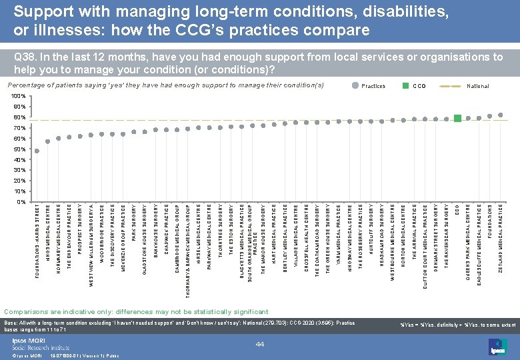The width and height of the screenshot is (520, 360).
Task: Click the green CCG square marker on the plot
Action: tap(457, 118)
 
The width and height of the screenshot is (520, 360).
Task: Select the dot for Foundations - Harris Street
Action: tap(37, 151)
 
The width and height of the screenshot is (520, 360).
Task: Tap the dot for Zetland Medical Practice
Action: tap(501, 115)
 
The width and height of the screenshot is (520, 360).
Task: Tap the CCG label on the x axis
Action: tap(457, 211)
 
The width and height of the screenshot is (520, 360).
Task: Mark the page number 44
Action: tap(261, 343)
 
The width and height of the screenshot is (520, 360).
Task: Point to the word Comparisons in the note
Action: tap(26, 311)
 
